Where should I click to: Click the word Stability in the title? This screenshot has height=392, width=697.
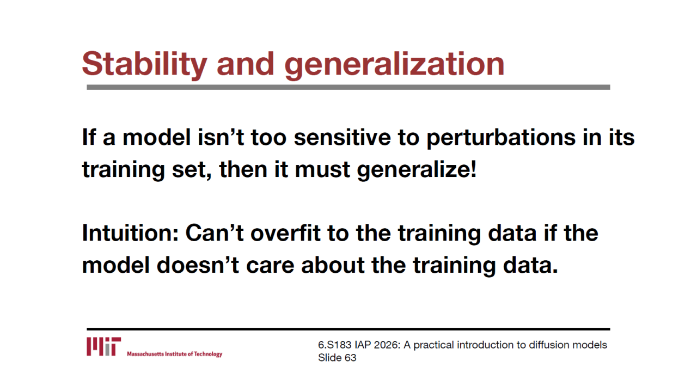pyautogui.click(x=145, y=64)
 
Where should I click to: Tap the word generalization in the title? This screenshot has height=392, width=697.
pyautogui.click(x=394, y=65)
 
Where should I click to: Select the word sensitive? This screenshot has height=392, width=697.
pyautogui.click(x=343, y=137)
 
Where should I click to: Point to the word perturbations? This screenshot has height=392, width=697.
pyautogui.click(x=501, y=138)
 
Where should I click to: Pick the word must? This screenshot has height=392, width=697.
pyautogui.click(x=322, y=170)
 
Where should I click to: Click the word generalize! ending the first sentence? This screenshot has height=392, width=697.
pyautogui.click(x=417, y=170)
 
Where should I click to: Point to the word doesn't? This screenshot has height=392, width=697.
pyautogui.click(x=198, y=265)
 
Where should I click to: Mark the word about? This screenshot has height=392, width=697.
pyautogui.click(x=333, y=265)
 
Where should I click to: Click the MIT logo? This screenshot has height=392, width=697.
pyautogui.click(x=103, y=347)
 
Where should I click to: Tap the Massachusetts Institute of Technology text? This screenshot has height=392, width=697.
pyautogui.click(x=175, y=354)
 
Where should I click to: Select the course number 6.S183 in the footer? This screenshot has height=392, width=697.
pyautogui.click(x=334, y=345)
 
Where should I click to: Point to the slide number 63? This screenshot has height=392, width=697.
pyautogui.click(x=350, y=358)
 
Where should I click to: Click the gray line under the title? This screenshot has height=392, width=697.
pyautogui.click(x=348, y=88)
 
